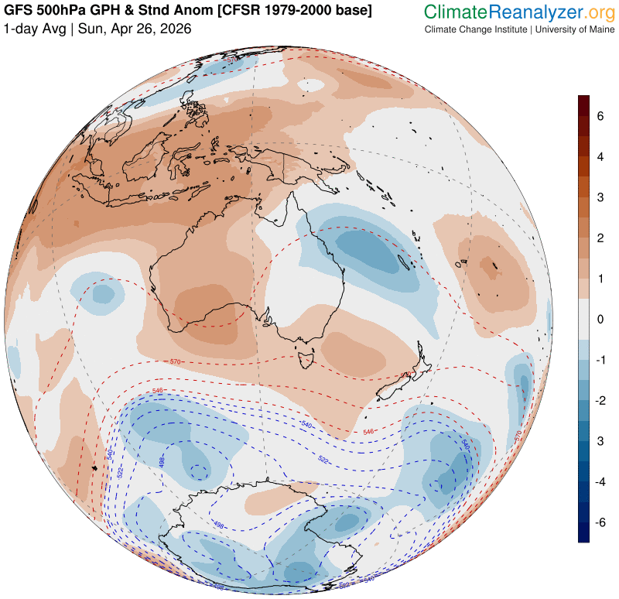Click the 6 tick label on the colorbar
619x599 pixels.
pyautogui.click(x=599, y=116)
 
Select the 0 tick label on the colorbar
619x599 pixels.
pyautogui.click(x=599, y=319)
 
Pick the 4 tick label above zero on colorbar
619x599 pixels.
pyautogui.click(x=599, y=157)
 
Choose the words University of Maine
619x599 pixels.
pyautogui.click(x=573, y=29)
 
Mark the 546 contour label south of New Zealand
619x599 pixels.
pyautogui.click(x=368, y=431)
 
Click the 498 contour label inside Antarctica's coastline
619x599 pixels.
pyautogui.click(x=219, y=525)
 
